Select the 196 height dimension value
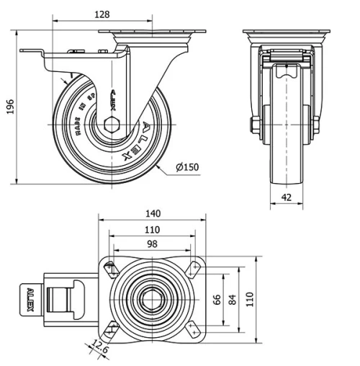(9, 107)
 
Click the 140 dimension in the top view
(152, 213)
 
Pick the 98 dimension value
(151, 245)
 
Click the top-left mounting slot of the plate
(112, 270)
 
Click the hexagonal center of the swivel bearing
(152, 299)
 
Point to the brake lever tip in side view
(24, 51)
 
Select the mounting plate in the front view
(286, 35)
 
